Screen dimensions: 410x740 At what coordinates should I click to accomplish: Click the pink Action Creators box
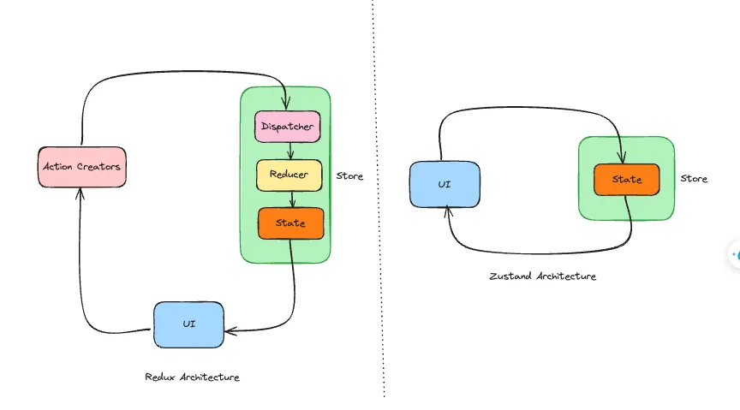[x=82, y=167]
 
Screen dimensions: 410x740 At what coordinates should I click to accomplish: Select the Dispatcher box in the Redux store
[x=287, y=128]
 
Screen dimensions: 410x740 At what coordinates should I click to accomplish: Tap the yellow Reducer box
[x=289, y=175]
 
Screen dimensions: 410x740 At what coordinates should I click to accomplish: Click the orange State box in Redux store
[x=290, y=223]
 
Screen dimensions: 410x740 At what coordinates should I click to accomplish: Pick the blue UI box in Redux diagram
[x=188, y=324]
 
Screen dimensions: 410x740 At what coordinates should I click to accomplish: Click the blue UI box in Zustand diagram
[x=445, y=184]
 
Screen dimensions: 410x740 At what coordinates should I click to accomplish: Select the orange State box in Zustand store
[x=627, y=180]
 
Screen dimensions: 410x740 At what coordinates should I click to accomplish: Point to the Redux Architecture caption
[x=192, y=377]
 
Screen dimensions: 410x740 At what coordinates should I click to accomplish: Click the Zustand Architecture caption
[x=542, y=276]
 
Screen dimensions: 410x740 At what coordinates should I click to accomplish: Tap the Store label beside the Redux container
[x=349, y=176]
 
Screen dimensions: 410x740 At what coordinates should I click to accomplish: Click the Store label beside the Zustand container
[x=694, y=179]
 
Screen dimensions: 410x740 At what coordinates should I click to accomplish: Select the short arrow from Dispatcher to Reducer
[x=290, y=152]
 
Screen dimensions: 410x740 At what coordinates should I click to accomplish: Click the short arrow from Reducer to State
[x=293, y=199]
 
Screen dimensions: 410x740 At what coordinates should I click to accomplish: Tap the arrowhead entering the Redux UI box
[x=229, y=330]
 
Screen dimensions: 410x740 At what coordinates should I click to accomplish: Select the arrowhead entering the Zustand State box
[x=620, y=159]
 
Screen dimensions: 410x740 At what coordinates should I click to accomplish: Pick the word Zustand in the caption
[x=509, y=276]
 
